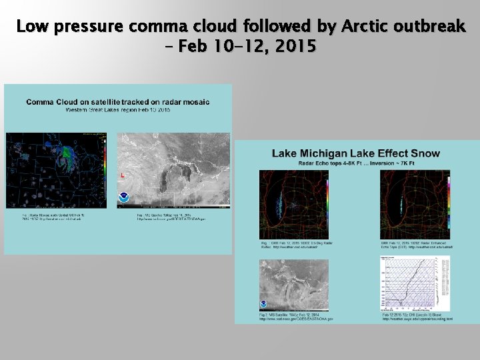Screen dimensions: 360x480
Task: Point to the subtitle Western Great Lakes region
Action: (117, 109)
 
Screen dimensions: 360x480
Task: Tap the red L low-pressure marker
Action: (122, 175)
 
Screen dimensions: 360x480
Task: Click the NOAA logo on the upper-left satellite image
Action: (125, 198)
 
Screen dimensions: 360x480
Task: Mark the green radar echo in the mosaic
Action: (67, 157)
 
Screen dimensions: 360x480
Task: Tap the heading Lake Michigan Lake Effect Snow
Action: (355, 153)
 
